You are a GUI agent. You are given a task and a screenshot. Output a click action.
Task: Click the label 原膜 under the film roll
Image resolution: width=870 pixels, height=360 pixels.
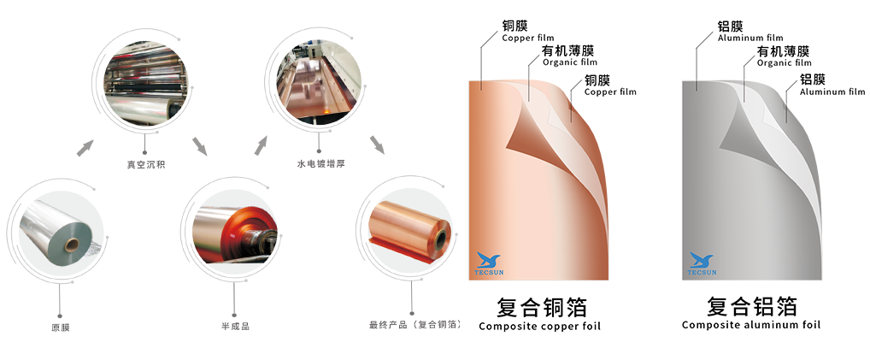(61, 328)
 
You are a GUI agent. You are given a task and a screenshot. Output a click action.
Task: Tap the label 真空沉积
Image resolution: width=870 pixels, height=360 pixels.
(146, 164)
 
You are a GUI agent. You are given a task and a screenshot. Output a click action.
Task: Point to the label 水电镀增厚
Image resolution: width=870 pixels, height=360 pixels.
(321, 163)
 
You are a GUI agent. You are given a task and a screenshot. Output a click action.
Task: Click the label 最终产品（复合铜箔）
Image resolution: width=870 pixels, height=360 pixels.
(415, 324)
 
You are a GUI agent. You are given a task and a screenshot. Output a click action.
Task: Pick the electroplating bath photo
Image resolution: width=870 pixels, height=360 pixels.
(320, 81)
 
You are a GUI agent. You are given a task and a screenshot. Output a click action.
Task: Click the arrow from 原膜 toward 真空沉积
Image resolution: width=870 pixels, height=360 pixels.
(85, 148)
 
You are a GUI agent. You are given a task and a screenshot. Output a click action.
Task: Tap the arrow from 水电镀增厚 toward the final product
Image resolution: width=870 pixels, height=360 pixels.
(377, 145)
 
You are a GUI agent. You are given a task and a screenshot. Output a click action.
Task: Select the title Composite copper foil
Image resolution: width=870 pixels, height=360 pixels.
(539, 326)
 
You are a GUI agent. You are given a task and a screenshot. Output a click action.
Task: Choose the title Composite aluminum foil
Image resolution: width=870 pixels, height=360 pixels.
(751, 325)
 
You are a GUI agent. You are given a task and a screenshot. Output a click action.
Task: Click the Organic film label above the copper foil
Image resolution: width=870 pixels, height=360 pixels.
(570, 62)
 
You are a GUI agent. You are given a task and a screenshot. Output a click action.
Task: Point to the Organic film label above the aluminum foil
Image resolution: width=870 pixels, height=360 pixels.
(784, 62)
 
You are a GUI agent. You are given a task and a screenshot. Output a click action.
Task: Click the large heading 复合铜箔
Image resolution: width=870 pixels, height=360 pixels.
(541, 307)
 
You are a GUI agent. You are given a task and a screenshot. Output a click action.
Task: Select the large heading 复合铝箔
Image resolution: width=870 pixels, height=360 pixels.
(752, 306)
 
